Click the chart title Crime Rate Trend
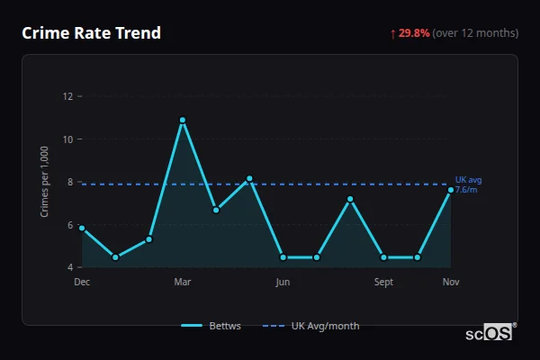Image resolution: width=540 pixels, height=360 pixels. tap(91, 33)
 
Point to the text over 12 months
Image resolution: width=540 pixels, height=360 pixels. tap(475, 33)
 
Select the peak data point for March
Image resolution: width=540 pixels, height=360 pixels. tap(183, 120)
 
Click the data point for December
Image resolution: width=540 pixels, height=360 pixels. tap(82, 228)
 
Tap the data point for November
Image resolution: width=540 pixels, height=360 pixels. tap(451, 189)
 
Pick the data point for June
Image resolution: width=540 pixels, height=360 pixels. tap(283, 257)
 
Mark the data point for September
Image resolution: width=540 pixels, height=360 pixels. tap(384, 257)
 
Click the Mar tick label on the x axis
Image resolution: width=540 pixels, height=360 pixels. tap(183, 282)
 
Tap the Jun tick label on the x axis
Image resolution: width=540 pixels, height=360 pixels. tap(283, 282)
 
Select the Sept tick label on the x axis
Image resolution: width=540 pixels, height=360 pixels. tap(383, 282)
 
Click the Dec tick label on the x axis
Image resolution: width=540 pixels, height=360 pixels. tap(82, 282)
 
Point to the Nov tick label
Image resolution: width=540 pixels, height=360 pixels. tap(451, 282)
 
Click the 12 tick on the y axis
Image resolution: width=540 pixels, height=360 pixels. tap(67, 96)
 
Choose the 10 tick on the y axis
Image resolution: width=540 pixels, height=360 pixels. tap(67, 139)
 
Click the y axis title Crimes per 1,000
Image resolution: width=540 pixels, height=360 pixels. tap(44, 182)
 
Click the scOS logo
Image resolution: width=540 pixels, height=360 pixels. tap(489, 333)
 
